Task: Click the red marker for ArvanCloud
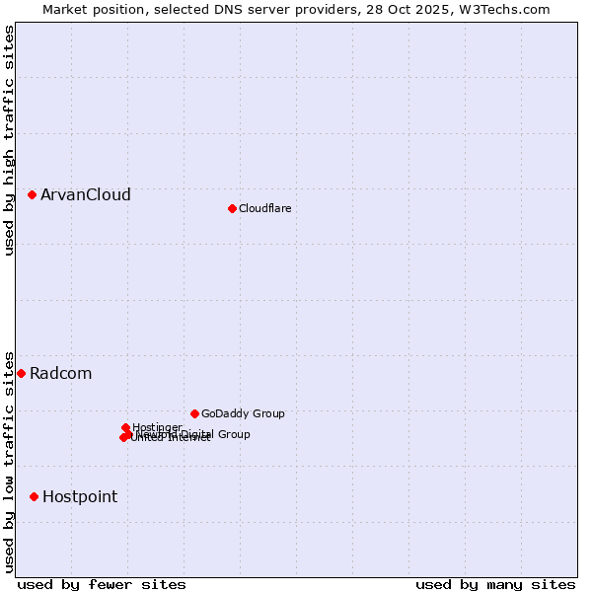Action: pyautogui.click(x=33, y=195)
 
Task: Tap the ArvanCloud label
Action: pyautogui.click(x=86, y=195)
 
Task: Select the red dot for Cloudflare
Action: pyautogui.click(x=232, y=208)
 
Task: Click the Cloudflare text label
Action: pyautogui.click(x=264, y=208)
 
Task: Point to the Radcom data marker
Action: pyautogui.click(x=22, y=373)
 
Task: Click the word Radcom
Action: pyautogui.click(x=61, y=373)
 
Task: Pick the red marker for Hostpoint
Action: pyautogui.click(x=34, y=496)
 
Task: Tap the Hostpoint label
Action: pyautogui.click(x=80, y=496)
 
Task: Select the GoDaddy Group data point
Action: pyautogui.click(x=194, y=413)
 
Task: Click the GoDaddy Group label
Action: pyautogui.click(x=243, y=413)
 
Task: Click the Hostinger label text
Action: pyautogui.click(x=158, y=427)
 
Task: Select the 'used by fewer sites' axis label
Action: pyautogui.click(x=102, y=584)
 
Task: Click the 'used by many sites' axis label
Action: pyautogui.click(x=495, y=584)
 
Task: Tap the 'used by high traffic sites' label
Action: pyautogui.click(x=9, y=140)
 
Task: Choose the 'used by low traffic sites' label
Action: pyautogui.click(x=9, y=461)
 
